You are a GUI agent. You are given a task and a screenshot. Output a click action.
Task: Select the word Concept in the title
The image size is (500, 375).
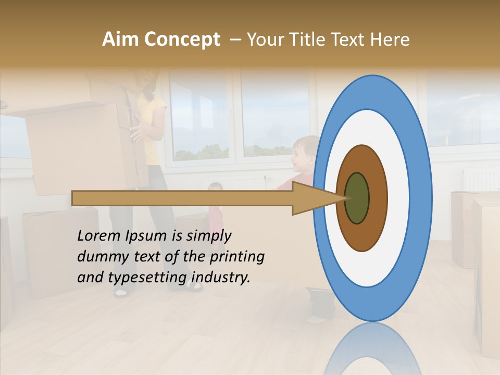pos(182,40)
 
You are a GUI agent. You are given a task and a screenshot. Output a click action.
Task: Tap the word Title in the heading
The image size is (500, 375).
pos(309,40)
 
